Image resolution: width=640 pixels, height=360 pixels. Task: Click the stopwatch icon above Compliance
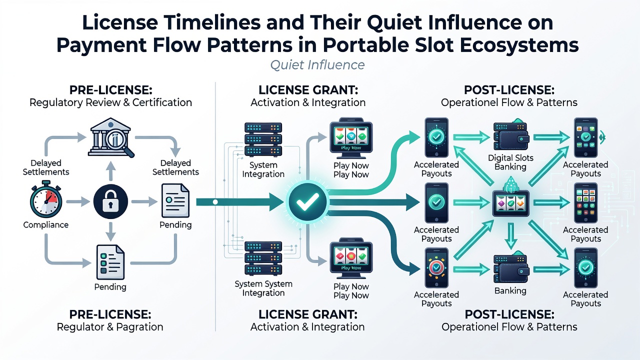point(45,199)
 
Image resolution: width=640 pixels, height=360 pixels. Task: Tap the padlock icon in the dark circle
point(110,201)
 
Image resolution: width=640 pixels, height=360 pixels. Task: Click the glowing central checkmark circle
point(307,201)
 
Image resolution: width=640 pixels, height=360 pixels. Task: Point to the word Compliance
point(45,225)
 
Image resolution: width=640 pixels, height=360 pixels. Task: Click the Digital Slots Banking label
point(510,162)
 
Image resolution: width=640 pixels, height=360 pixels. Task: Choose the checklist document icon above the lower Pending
point(110,262)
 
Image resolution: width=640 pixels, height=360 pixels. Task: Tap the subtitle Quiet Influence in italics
point(317,65)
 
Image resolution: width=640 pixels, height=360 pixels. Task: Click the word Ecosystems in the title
point(519,45)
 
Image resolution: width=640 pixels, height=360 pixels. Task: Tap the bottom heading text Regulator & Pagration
point(110,327)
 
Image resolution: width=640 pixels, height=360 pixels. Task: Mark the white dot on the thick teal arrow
point(215,202)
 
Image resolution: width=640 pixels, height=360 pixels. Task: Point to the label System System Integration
point(263,288)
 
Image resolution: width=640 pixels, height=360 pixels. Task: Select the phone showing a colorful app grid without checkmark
point(585,203)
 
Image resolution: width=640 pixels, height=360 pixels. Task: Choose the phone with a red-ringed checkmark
point(436,267)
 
